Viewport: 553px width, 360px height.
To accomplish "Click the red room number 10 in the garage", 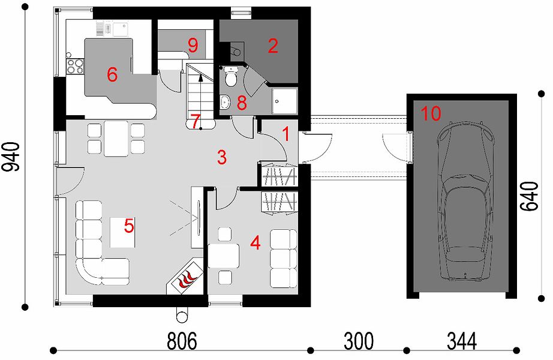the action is pyautogui.click(x=431, y=113).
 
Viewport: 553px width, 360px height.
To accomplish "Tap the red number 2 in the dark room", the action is pyautogui.click(x=273, y=46).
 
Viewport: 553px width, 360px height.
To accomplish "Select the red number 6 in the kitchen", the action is pyautogui.click(x=112, y=74).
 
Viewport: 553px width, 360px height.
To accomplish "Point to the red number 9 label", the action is pyautogui.click(x=193, y=46).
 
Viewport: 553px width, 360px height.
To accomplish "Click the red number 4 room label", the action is pyautogui.click(x=256, y=243).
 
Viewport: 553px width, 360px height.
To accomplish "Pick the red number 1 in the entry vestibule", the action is pyautogui.click(x=286, y=134).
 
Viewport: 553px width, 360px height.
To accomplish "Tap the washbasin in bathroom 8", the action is pyautogui.click(x=225, y=102).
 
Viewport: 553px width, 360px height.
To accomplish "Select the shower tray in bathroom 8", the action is pyautogui.click(x=285, y=101).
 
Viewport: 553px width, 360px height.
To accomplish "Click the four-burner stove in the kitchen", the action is pyautogui.click(x=75, y=67).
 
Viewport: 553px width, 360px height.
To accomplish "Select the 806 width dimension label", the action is pyautogui.click(x=182, y=341).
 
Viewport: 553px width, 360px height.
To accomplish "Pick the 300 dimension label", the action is pyautogui.click(x=358, y=341).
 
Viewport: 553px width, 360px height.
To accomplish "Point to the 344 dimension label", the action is pyautogui.click(x=462, y=341).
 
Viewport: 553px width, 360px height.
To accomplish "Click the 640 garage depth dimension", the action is pyautogui.click(x=530, y=197).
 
